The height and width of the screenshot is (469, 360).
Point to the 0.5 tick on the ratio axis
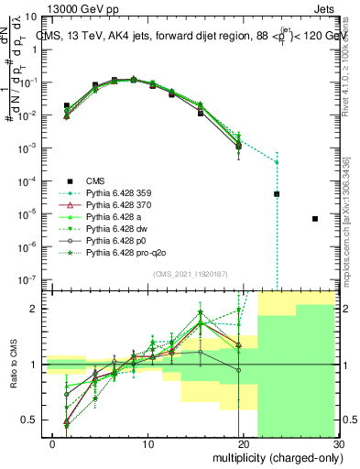click(x=31, y=420)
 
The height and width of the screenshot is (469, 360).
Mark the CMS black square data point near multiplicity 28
click(x=315, y=219)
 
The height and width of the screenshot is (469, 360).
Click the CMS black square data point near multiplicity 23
click(x=277, y=194)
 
